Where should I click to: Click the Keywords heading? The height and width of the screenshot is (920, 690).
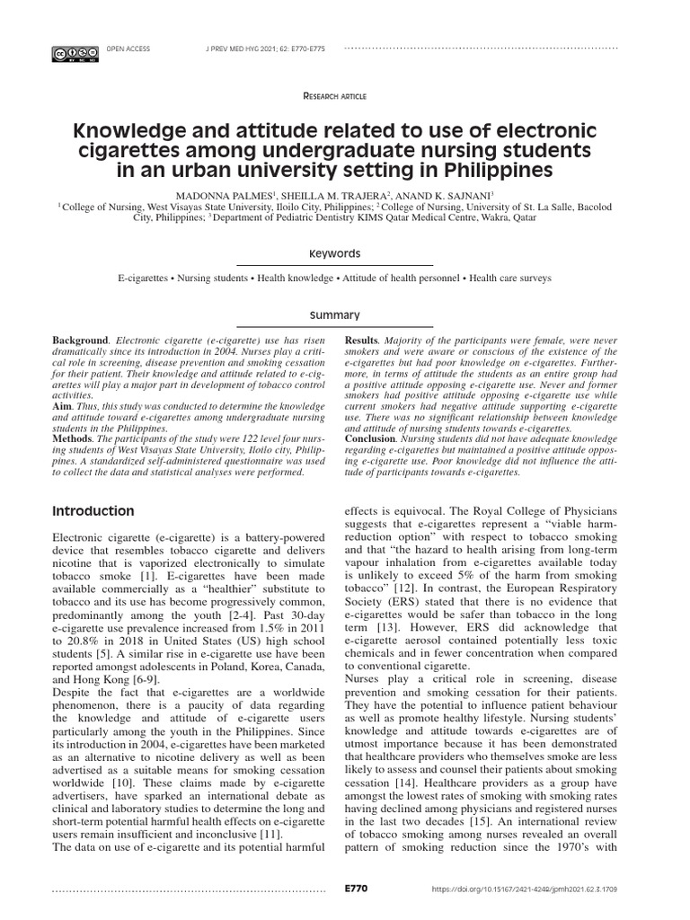point(334,253)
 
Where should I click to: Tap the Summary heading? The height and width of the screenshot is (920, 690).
point(334,315)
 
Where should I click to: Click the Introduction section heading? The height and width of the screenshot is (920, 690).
point(93,511)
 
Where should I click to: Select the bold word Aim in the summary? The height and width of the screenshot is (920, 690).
point(63,406)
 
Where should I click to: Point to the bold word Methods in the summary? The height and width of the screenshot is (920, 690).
point(75,438)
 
